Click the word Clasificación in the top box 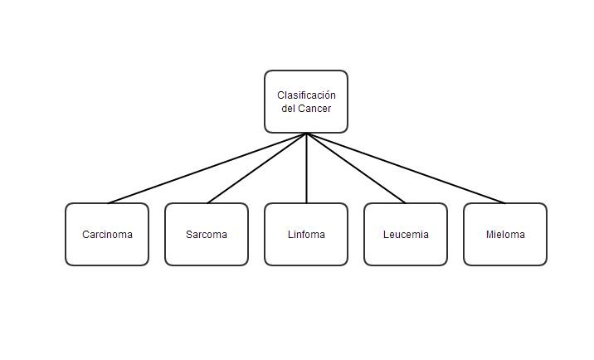click(x=306, y=95)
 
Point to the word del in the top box click(x=288, y=109)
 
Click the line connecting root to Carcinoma click(x=207, y=168)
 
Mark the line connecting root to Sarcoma click(x=256, y=168)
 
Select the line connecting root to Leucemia click(x=356, y=168)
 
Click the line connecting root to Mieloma click(x=406, y=168)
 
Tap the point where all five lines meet click(x=306, y=134)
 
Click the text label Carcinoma click(x=107, y=235)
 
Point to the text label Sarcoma click(x=207, y=235)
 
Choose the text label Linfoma click(x=306, y=235)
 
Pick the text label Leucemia click(x=406, y=235)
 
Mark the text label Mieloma click(x=505, y=235)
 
